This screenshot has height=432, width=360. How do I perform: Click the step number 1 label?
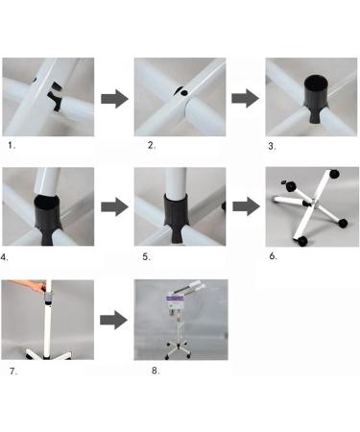(x=12, y=146)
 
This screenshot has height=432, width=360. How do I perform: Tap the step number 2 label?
(x=152, y=145)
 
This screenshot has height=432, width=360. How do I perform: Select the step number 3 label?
(x=272, y=146)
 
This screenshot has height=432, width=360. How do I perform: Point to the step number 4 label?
(x=4, y=257)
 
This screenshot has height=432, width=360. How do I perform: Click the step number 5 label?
(x=146, y=256)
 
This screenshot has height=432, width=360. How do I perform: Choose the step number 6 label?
(x=273, y=256)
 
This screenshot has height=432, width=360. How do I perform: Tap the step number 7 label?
(x=13, y=372)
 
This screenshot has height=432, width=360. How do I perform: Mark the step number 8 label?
(x=156, y=371)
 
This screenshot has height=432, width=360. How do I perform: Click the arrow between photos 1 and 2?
(x=114, y=99)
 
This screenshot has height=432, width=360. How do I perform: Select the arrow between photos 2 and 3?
(x=246, y=98)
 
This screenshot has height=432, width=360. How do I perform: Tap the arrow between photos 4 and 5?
(x=114, y=206)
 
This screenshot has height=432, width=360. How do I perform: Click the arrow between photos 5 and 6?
(x=246, y=206)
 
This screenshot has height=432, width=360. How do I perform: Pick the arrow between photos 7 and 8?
(x=113, y=320)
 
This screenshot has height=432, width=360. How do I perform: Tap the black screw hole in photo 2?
(x=184, y=93)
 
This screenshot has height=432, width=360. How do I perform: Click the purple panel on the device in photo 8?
(x=175, y=299)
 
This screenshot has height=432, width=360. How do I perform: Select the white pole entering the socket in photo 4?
(x=47, y=181)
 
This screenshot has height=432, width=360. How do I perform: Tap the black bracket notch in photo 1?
(x=55, y=100)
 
